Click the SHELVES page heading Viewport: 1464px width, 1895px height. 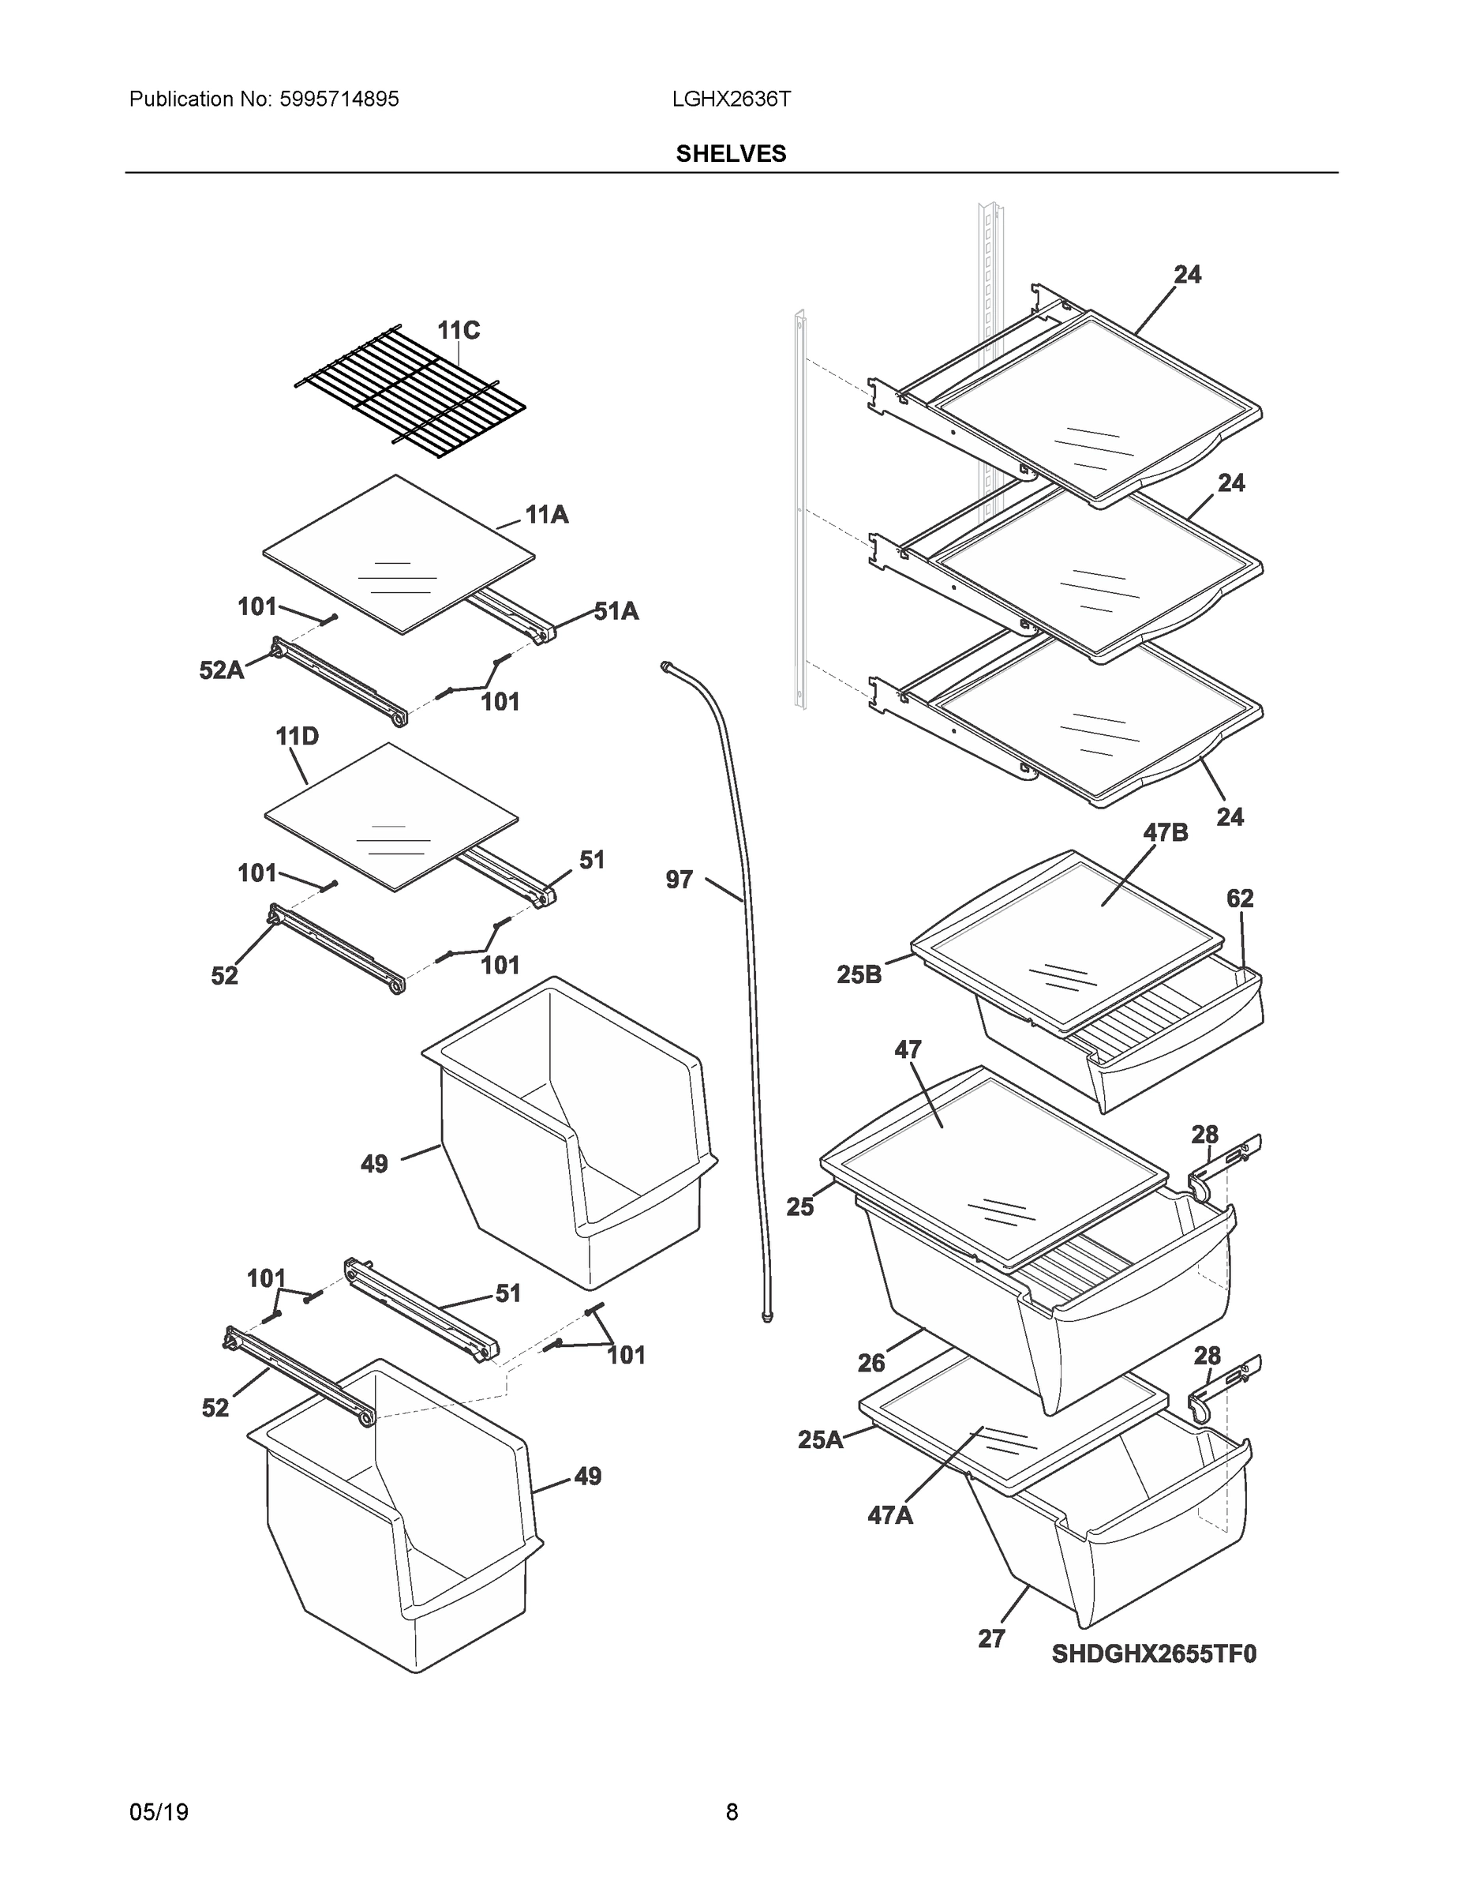coord(731,154)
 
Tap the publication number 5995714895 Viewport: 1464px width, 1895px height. coord(339,99)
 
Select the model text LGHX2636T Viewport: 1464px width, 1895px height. coord(731,99)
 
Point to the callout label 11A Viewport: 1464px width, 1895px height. coord(546,516)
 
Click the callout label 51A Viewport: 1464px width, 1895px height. coord(616,612)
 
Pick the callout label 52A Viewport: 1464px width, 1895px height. coord(221,670)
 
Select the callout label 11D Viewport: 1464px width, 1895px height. coord(297,737)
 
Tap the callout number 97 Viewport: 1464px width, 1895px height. coord(679,880)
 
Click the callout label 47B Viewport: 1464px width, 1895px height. coord(1165,832)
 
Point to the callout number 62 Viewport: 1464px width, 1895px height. coord(1239,898)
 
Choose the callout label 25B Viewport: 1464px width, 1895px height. coord(859,974)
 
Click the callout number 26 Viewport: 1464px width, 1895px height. coord(871,1363)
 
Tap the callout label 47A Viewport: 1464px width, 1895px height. coord(890,1515)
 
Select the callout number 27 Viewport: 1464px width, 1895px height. coord(991,1639)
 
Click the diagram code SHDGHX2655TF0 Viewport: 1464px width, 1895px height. coord(1154,1654)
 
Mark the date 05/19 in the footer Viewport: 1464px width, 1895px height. coord(159,1812)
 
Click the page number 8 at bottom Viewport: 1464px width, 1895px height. coord(731,1812)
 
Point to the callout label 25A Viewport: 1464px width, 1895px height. coord(819,1439)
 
